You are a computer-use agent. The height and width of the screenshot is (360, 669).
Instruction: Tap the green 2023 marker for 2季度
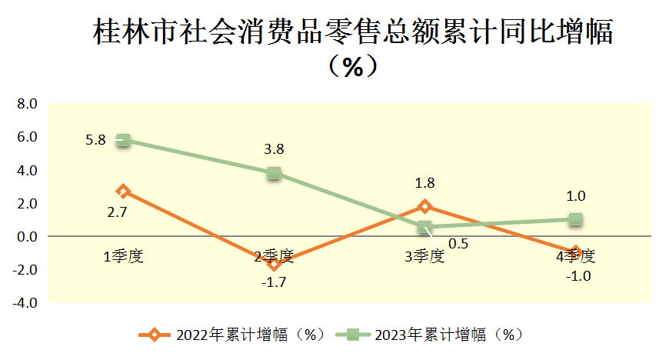[274, 173]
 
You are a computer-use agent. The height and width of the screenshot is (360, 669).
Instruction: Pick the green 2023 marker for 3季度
[424, 228]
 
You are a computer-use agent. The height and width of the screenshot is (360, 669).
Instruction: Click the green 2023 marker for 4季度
[574, 220]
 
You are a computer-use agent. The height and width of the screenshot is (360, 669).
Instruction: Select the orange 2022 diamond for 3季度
[424, 206]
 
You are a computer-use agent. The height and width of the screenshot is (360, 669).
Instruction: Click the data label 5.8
[96, 140]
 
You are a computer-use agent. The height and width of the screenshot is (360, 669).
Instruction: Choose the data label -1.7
[274, 282]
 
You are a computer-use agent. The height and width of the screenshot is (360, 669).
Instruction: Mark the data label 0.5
[458, 244]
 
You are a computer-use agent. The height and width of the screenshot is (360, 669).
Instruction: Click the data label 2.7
[118, 212]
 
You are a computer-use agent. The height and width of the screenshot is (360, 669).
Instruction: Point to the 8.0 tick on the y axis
[27, 104]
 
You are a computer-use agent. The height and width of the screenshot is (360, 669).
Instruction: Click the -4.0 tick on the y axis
[25, 303]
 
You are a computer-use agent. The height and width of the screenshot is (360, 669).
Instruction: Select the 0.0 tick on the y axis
[27, 237]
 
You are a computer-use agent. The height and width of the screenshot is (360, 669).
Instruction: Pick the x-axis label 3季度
[424, 256]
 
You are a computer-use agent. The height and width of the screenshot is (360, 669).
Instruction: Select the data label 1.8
[424, 183]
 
